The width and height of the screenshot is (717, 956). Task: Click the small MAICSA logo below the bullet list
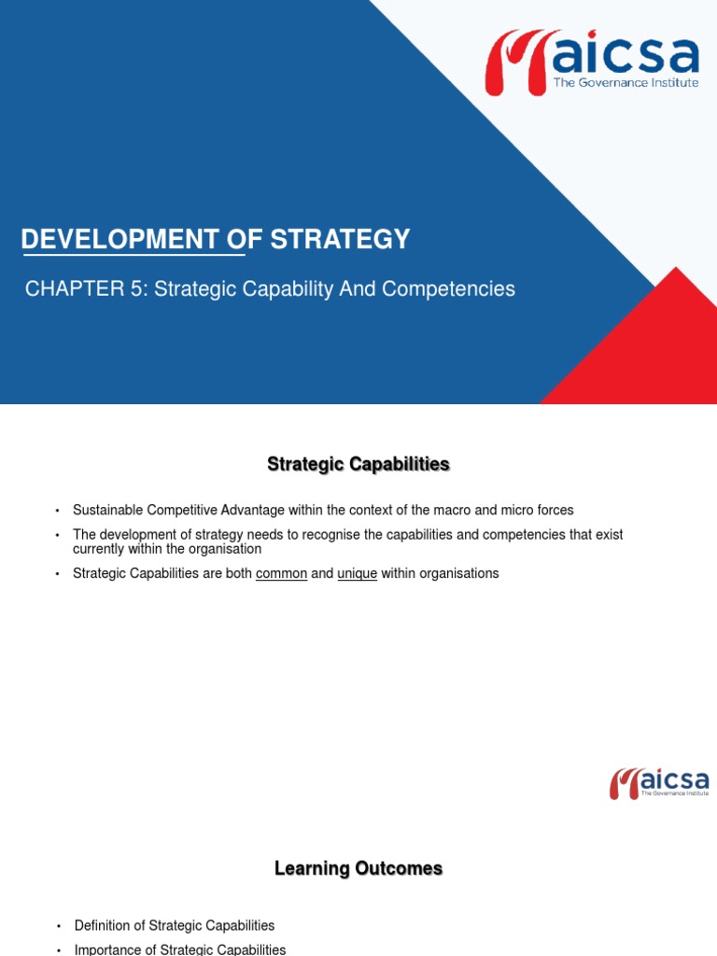(659, 783)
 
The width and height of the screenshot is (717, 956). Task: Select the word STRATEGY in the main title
(340, 240)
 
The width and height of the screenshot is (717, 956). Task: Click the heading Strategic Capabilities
(358, 464)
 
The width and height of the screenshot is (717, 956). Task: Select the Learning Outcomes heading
(358, 869)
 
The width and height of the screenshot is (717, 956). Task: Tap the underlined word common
(281, 573)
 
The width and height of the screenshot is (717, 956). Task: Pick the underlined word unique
(357, 573)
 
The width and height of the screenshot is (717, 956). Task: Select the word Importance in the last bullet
(109, 949)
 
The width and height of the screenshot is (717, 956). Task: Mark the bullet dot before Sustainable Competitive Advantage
(57, 511)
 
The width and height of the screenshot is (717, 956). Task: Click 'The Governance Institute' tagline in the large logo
(626, 83)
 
